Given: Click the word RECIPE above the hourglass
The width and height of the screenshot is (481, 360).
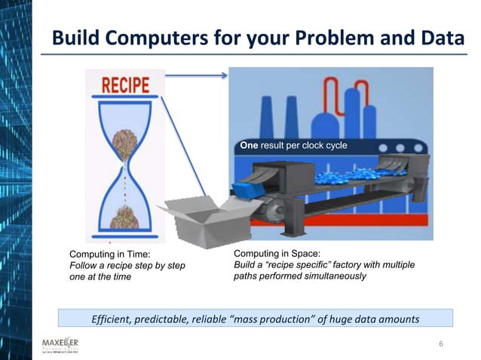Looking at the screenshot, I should [125, 84].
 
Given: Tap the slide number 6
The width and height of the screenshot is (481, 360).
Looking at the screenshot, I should [441, 344].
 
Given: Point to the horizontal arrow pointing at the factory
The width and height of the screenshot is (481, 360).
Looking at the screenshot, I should [196, 75].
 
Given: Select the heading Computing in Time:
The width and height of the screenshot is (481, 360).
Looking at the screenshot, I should [110, 255].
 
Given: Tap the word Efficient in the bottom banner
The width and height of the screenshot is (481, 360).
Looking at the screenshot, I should [112, 319].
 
